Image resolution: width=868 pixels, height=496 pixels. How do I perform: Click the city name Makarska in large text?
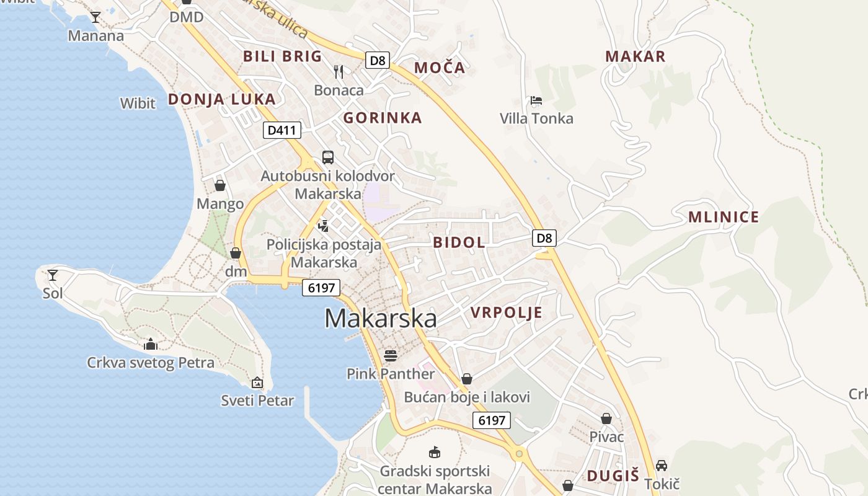click(380, 319)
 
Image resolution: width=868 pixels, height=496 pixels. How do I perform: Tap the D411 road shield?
click(282, 130)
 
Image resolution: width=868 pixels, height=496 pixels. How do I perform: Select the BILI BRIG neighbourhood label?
click(283, 56)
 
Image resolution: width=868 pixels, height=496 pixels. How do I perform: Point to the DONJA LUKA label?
click(221, 99)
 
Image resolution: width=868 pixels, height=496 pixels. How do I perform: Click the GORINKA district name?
click(383, 118)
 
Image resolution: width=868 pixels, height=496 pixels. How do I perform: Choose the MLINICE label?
click(724, 217)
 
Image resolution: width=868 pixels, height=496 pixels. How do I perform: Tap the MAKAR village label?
click(635, 56)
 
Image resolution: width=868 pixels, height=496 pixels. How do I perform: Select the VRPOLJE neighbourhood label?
click(507, 312)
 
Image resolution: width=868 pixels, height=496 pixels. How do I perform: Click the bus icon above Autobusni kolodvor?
click(327, 157)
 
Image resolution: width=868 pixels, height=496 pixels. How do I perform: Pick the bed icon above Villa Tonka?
click(536, 100)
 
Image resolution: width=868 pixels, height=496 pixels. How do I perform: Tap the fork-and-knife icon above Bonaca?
click(339, 72)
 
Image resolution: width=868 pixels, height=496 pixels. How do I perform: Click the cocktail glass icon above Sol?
click(53, 275)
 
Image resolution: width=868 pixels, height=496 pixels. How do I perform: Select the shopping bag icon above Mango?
click(220, 185)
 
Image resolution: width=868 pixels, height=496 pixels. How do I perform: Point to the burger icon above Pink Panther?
click(391, 355)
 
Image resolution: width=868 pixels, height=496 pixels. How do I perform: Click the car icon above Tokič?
click(662, 466)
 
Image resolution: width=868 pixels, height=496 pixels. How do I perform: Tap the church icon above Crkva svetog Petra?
click(151, 344)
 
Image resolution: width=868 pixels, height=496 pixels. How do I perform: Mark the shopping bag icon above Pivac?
click(606, 418)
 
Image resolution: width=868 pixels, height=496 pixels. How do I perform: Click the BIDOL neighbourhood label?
click(459, 242)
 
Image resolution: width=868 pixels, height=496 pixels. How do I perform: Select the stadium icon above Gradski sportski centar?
click(435, 452)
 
